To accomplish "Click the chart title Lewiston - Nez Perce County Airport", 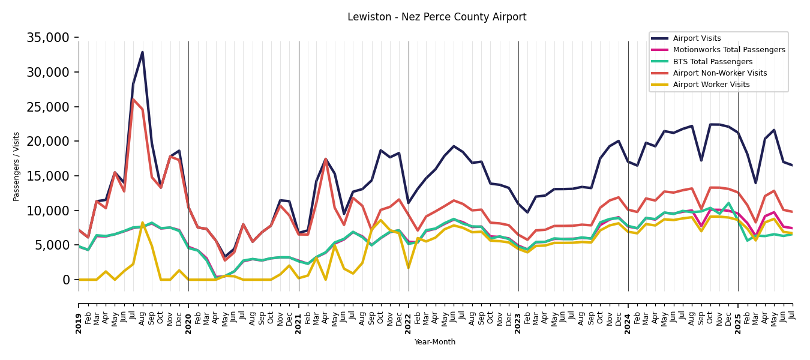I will click(437, 17).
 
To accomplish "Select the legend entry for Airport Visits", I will click(697, 38).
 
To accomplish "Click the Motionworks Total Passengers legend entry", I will click(728, 50).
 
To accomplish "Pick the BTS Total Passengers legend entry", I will click(712, 62).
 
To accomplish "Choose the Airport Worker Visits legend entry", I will click(711, 85).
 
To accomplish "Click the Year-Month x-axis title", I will click(435, 342).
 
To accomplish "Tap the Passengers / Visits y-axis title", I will click(17, 166).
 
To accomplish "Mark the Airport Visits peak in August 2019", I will click(142, 52).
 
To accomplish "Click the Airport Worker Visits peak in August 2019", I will click(142, 223).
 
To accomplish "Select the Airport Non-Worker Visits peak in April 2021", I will click(326, 159).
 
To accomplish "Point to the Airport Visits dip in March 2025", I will click(756, 183).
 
